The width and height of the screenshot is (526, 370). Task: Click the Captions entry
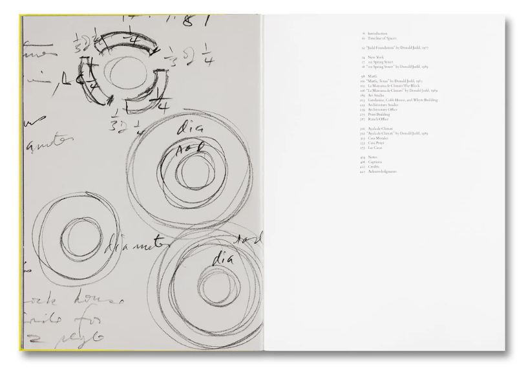(374, 162)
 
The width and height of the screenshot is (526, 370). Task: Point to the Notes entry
(372, 157)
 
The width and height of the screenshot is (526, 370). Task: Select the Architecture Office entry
(382, 109)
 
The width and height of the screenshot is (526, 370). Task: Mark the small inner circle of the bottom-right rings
(211, 282)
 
